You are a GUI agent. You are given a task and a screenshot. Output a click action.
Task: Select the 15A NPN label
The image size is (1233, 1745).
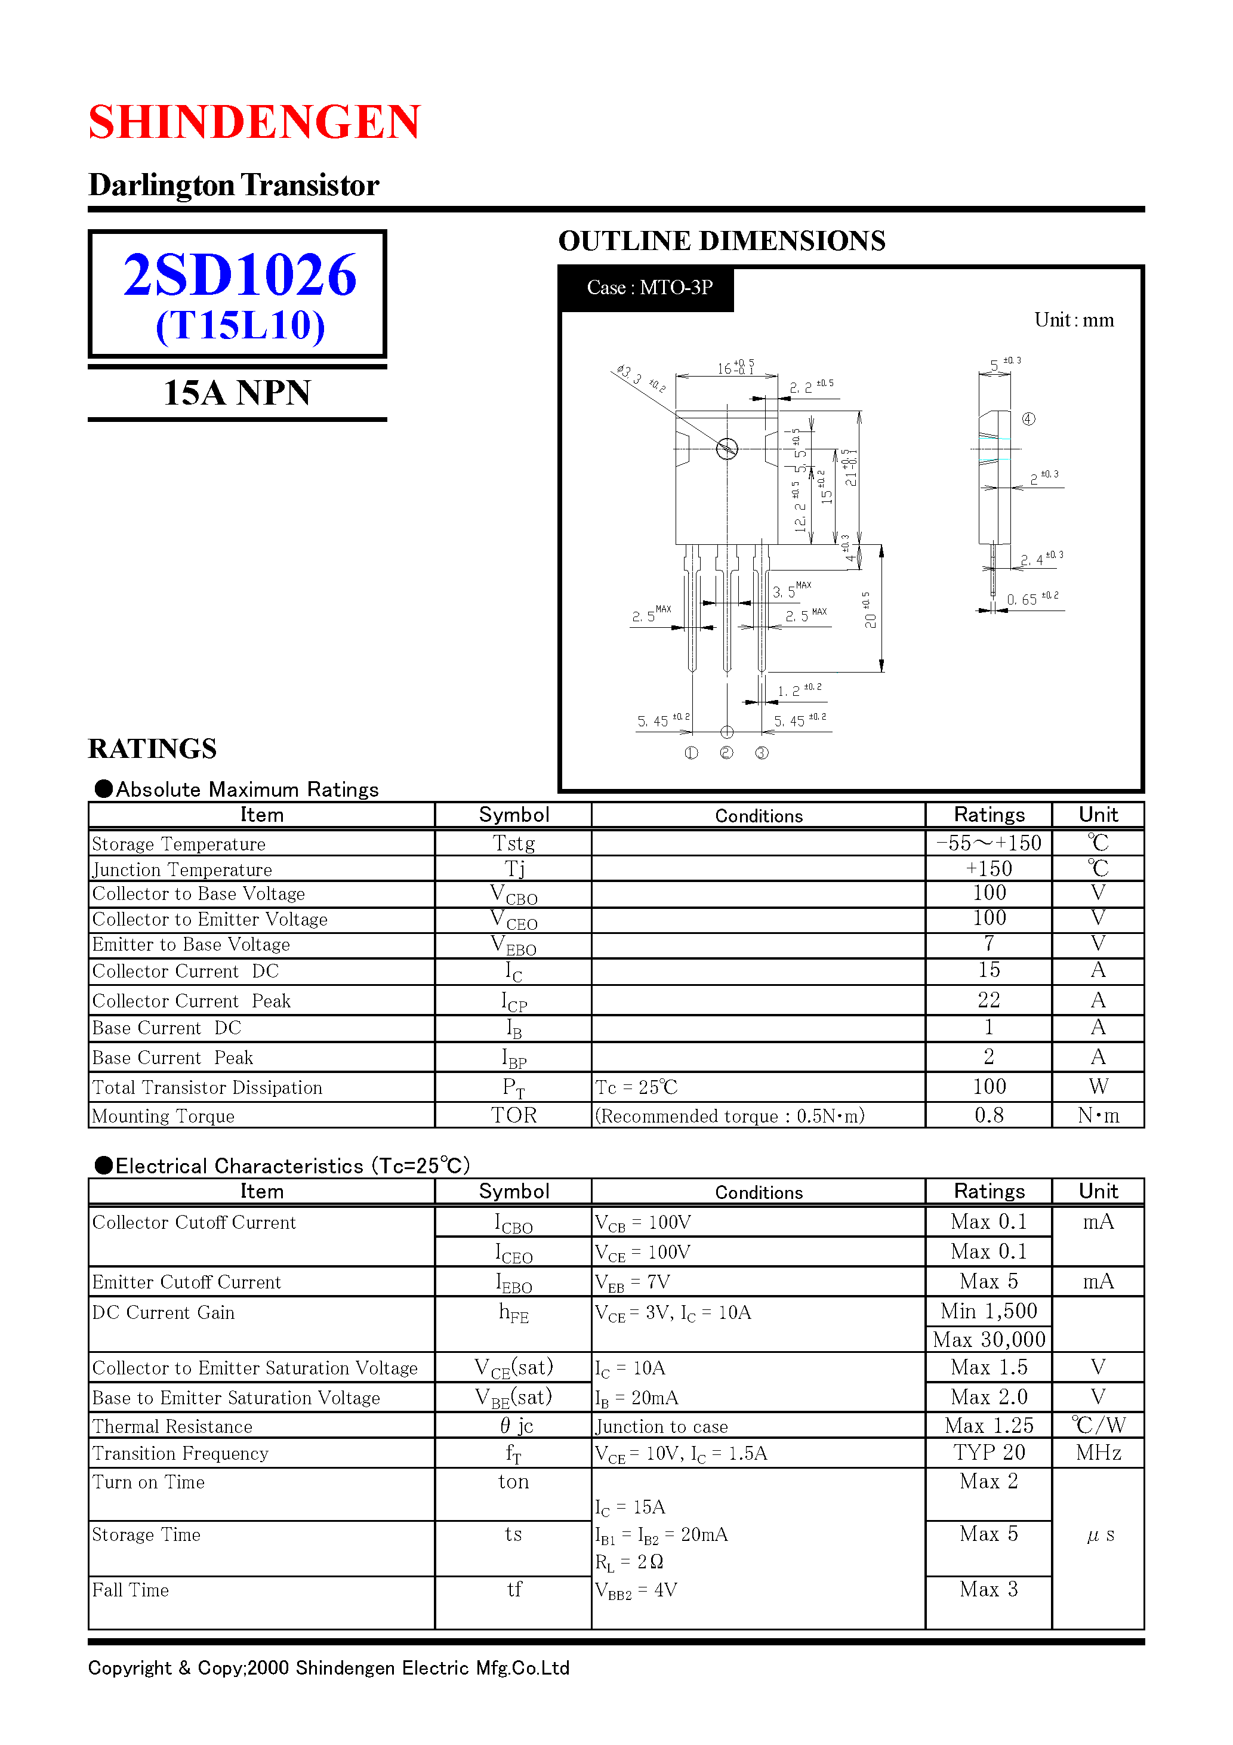click(236, 393)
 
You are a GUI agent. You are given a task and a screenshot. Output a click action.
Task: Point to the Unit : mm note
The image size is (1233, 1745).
click(1074, 320)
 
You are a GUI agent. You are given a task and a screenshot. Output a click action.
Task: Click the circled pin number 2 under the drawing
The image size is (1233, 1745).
click(727, 753)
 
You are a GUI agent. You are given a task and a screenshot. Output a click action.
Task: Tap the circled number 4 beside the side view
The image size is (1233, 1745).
click(1028, 419)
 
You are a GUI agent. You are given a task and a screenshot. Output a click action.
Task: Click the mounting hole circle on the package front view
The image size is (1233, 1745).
click(727, 449)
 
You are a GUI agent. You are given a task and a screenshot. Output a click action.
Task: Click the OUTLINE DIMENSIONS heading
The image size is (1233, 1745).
click(722, 241)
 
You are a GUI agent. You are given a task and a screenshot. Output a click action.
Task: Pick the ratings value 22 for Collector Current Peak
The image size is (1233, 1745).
click(988, 1000)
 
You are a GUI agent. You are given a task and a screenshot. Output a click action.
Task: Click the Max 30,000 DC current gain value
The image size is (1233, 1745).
click(988, 1340)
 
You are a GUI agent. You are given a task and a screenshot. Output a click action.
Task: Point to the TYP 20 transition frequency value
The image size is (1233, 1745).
click(988, 1453)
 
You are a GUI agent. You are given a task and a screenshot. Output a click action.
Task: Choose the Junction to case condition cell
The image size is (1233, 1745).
click(661, 1426)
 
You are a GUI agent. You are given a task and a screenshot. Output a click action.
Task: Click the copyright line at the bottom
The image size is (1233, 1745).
click(328, 1667)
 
